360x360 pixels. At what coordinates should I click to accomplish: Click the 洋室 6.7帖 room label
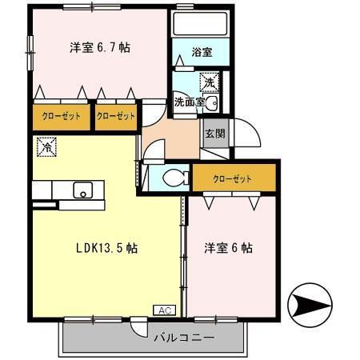tap(99, 47)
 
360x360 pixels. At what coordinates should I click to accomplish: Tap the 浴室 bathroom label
tap(202, 53)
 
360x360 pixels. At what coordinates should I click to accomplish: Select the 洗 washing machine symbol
tap(209, 81)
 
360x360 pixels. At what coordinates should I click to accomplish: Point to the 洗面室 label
tap(190, 102)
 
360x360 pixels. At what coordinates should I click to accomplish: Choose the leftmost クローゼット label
tap(61, 117)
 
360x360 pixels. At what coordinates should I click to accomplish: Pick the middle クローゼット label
tap(115, 117)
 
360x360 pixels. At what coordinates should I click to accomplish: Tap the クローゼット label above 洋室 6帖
tap(233, 178)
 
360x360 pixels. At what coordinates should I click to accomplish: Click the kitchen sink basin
tap(82, 190)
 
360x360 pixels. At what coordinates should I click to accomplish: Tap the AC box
tap(162, 310)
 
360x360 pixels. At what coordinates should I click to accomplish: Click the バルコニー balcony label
tap(184, 338)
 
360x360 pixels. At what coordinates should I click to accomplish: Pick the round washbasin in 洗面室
tap(211, 105)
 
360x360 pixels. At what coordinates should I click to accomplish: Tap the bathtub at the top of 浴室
tap(201, 22)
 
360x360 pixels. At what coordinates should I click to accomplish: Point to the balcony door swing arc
tap(139, 329)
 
